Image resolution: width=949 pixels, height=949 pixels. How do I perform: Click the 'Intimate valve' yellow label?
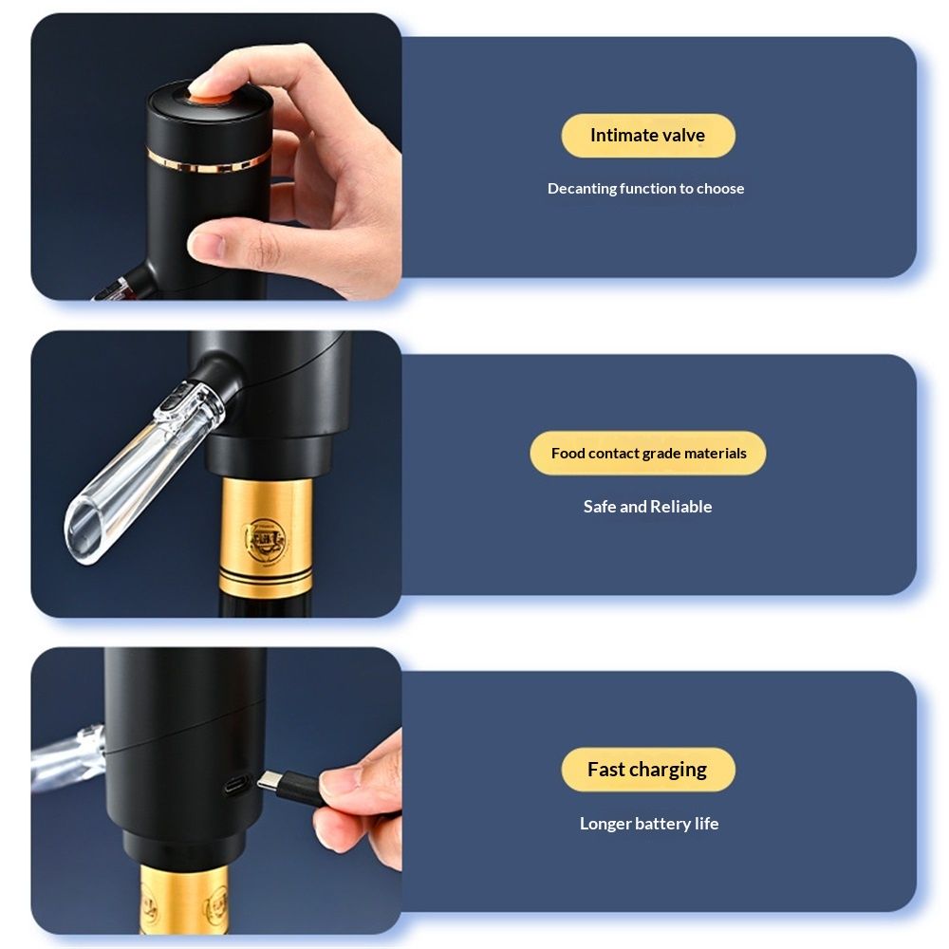648,136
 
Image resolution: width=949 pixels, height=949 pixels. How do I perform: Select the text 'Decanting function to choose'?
645,188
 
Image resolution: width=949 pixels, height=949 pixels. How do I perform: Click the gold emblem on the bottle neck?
266,540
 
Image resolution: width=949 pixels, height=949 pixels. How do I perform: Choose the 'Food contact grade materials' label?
648,453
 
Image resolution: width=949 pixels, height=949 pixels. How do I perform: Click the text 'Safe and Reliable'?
647,507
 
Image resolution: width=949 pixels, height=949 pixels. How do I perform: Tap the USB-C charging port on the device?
236,785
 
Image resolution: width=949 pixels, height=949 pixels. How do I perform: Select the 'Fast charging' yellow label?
648,770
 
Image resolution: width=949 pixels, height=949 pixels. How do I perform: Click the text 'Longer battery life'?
649,823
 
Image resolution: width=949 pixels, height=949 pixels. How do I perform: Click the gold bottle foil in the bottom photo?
185,900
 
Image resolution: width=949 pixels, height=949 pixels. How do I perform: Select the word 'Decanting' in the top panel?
583,189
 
